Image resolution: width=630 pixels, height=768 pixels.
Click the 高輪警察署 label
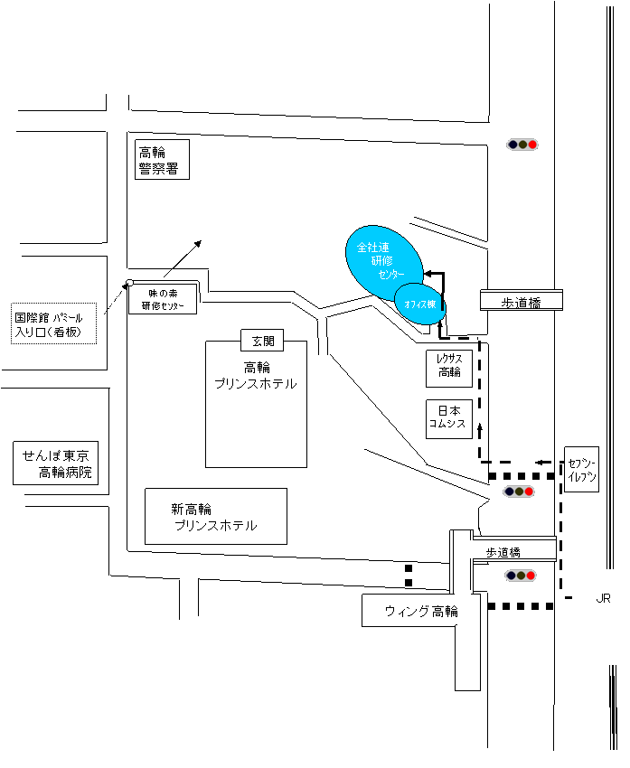point(162,159)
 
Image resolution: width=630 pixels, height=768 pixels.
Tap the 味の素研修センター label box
point(163,299)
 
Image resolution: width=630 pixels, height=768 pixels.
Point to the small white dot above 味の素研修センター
point(130,283)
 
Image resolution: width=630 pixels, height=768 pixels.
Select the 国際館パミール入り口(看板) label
point(54,324)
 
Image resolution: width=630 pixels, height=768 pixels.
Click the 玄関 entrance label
point(262,341)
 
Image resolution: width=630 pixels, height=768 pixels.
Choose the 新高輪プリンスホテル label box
point(216,516)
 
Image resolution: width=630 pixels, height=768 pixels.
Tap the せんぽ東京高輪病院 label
point(56,464)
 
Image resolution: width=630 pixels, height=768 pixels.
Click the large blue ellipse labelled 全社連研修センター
point(382,260)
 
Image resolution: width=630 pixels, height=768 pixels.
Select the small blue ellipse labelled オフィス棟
point(420,304)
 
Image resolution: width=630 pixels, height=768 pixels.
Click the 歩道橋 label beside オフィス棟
point(521,301)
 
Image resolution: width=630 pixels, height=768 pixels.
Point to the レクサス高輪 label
point(449,366)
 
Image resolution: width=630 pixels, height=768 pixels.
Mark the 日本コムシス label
point(449,418)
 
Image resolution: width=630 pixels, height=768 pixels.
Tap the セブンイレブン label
point(581,469)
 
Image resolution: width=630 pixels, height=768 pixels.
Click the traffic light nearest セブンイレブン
point(519,492)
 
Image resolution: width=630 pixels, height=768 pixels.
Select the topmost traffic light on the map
point(522,145)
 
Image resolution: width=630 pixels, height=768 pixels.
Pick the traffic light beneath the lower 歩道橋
point(521,576)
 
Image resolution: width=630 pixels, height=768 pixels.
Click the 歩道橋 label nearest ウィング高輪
point(504,551)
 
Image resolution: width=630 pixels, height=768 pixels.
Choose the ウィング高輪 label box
point(420,611)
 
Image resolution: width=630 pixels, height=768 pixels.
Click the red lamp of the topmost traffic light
point(533,145)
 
